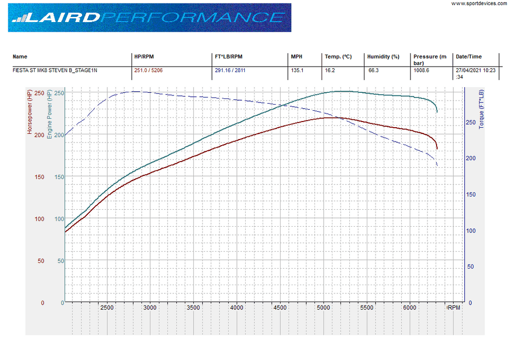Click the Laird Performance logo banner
point(149,17)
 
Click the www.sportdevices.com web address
point(480,4)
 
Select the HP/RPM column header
point(144,56)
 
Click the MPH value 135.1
point(297,70)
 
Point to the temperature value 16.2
point(329,70)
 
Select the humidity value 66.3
point(373,70)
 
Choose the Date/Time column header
point(469,56)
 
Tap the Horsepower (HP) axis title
point(30,111)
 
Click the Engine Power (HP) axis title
point(49,113)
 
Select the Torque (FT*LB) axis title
point(481,109)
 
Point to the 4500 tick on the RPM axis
point(280,308)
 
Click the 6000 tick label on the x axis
point(409,308)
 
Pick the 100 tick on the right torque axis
point(471,231)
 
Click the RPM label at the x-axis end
point(454,308)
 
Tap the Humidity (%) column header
point(383,56)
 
